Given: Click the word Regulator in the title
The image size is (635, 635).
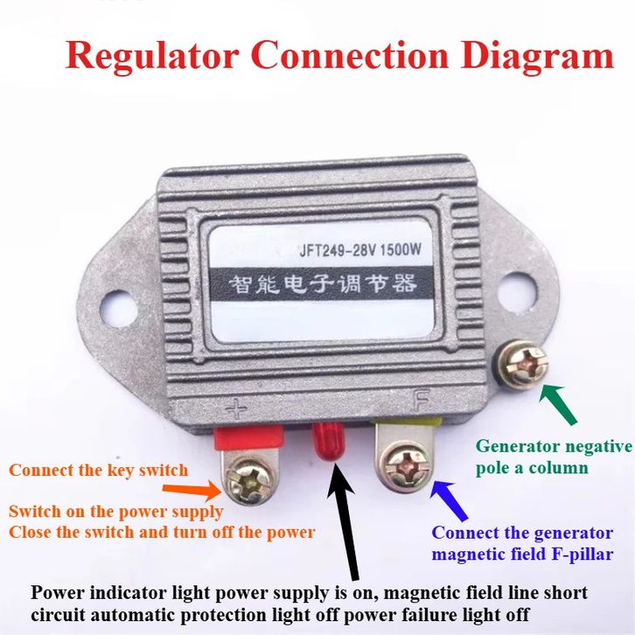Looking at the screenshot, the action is pos(151,56).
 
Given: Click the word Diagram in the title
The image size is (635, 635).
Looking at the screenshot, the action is pos(537,56).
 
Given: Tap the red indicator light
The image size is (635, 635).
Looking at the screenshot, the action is pos(329,440).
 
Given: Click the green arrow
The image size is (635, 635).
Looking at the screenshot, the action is pos(558,404).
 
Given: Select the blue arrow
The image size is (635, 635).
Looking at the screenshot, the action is pos(449,500).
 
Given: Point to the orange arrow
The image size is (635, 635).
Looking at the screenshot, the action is pos(192,490).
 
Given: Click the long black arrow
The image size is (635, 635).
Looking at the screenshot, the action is pos(345,521).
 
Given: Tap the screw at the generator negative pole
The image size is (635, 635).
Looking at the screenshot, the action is pos(522,363).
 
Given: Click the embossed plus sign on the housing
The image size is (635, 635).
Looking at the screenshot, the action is pos(236,410).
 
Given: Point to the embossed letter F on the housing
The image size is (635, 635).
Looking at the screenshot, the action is pos(421,399).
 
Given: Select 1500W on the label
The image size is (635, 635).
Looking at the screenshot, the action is pos(400,248).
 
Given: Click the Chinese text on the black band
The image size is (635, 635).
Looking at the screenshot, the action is pos(323,283).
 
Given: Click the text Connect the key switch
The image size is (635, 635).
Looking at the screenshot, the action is pos(99,471).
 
